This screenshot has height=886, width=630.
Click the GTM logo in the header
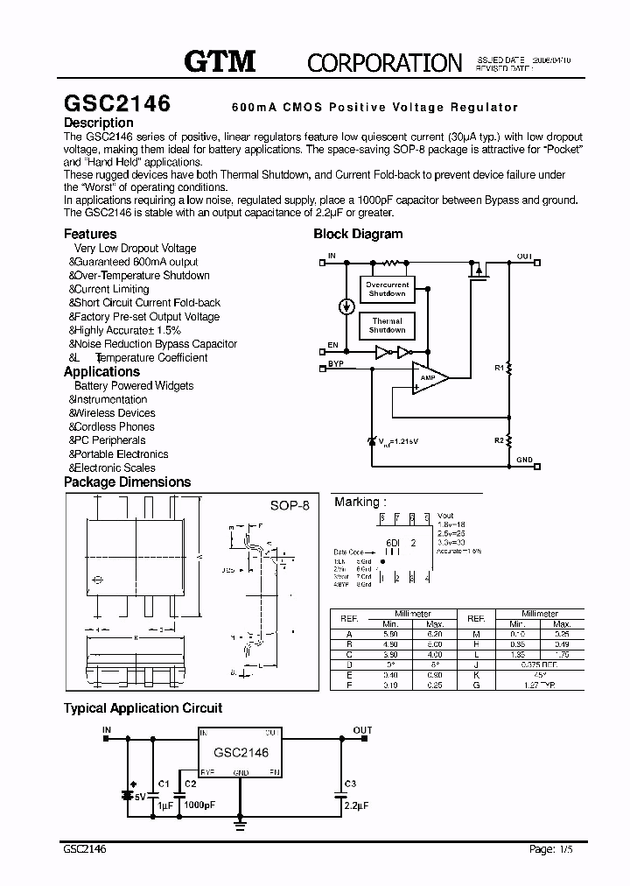219,60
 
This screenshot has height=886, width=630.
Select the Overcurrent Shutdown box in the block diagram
387,290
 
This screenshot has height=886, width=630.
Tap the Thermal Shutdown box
387,326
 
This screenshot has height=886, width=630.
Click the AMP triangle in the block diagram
429,377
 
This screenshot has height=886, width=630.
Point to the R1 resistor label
500,369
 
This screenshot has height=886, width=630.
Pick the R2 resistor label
499,440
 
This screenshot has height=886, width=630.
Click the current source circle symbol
346,306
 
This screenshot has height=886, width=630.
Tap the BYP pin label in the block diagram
336,362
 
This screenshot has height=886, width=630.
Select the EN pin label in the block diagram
332,346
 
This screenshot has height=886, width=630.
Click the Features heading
90,234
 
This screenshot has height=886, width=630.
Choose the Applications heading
101,371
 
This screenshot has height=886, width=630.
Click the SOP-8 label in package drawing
290,506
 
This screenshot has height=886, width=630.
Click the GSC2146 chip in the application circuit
241,752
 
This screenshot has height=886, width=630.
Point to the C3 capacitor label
350,783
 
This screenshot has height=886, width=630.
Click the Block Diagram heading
358,234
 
